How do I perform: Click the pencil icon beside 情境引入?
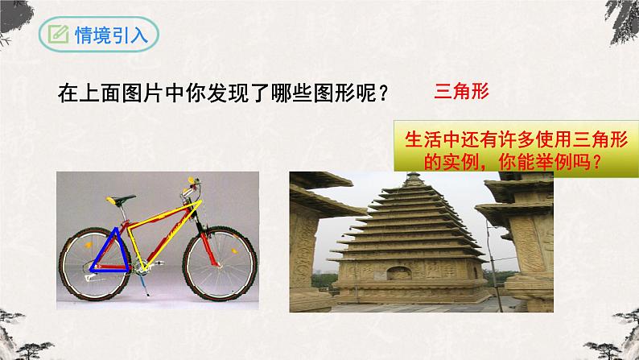tap(58, 35)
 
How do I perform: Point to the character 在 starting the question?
tap(68, 93)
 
